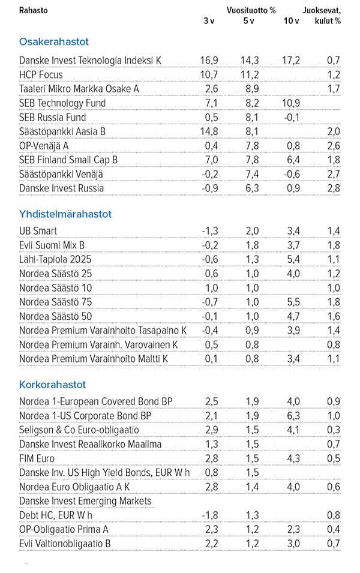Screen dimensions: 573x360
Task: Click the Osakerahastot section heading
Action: [54, 42]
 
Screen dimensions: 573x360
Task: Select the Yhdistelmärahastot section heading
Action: [65, 214]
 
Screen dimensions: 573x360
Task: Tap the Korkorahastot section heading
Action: [52, 385]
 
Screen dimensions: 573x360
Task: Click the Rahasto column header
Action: [34, 10]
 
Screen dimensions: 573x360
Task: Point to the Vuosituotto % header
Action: [251, 10]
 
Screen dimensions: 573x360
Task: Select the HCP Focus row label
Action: [41, 75]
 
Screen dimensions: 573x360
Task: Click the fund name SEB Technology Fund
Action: [62, 103]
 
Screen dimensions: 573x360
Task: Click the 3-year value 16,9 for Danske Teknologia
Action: [208, 61]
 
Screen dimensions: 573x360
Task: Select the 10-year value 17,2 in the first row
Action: [291, 61]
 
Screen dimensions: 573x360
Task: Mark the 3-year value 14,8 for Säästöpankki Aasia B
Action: [208, 131]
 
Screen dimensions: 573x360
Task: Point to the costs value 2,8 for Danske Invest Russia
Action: [334, 188]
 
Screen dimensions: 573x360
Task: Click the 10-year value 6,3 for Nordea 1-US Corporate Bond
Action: [293, 416]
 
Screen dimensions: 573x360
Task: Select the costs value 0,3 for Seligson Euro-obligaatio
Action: [334, 430]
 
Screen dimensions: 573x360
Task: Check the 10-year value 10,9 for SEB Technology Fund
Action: [290, 103]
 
